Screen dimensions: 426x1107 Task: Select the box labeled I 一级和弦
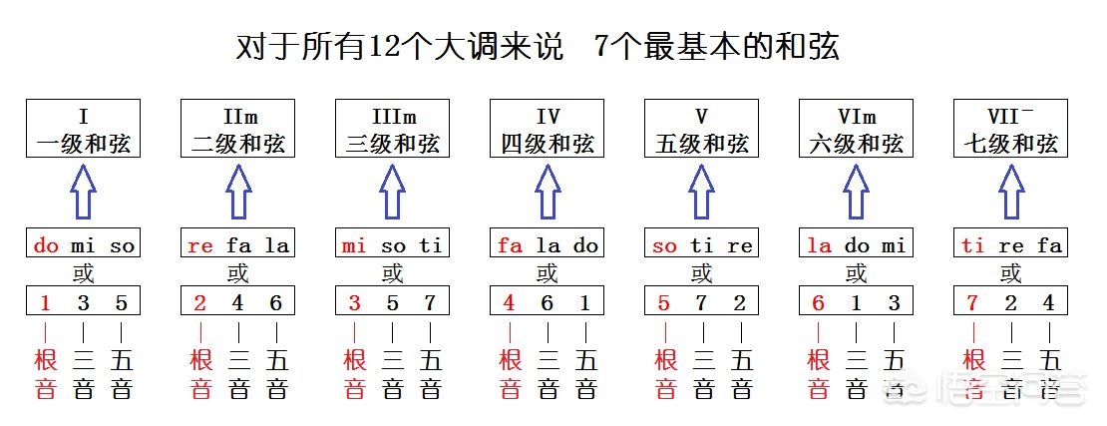(83, 129)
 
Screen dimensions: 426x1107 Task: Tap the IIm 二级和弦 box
(237, 129)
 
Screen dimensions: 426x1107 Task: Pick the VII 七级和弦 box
(1010, 129)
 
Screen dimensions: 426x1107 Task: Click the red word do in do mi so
(46, 245)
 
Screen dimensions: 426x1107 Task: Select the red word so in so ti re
(664, 245)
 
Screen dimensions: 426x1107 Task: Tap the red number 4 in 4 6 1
(510, 302)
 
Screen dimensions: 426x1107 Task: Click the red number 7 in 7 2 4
(973, 302)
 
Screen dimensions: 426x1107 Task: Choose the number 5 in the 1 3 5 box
(122, 302)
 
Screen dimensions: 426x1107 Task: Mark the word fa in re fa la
(237, 245)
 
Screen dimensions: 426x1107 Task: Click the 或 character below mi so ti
(392, 272)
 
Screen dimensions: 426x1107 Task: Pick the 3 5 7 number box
(392, 302)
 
